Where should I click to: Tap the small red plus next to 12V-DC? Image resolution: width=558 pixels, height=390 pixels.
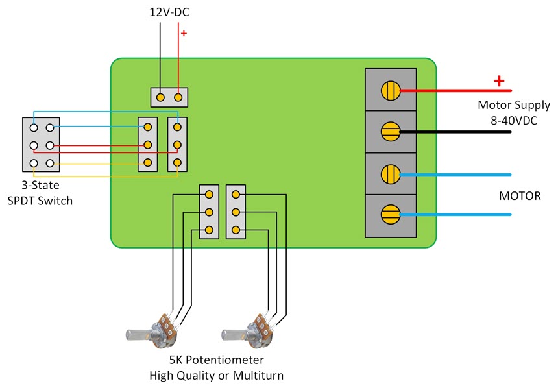point(184,33)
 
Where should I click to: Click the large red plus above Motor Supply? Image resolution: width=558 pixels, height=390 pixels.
point(499,81)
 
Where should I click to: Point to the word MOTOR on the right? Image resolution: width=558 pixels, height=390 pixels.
point(520,195)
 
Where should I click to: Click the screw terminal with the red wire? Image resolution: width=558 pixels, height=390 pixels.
point(390,90)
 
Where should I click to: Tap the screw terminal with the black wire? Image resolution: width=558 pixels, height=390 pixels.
point(390,132)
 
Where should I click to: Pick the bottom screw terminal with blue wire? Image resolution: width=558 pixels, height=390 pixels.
point(390,214)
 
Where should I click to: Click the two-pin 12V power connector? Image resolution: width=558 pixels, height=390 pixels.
point(169,97)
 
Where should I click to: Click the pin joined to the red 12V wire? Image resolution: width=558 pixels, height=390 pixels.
point(178,97)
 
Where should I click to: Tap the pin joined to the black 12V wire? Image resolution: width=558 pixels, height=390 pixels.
point(160,97)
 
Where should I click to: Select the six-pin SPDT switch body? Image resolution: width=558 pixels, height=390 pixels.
point(41,145)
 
